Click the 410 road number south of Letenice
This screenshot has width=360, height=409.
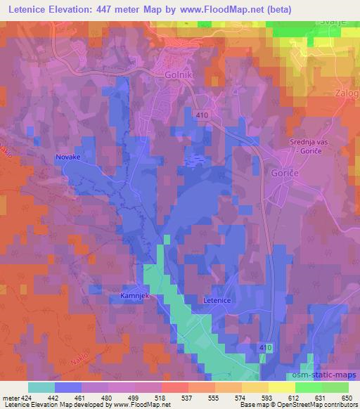tap(264, 349)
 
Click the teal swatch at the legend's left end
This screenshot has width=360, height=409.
tap(41, 387)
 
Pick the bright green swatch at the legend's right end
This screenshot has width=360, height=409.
tap(335, 387)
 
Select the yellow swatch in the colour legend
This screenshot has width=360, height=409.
tap(281, 387)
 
